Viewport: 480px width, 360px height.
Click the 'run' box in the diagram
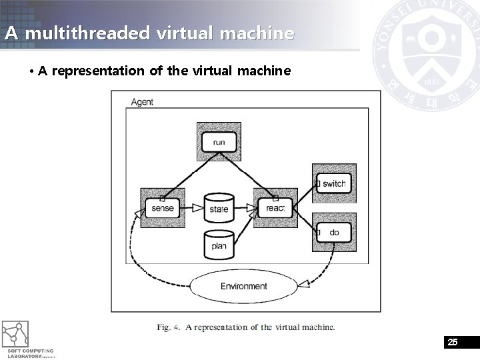pyautogui.click(x=219, y=142)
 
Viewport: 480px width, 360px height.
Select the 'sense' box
pyautogui.click(x=162, y=208)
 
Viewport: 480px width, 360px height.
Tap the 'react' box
pyautogui.click(x=275, y=208)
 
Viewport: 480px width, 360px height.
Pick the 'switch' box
pyautogui.click(x=334, y=183)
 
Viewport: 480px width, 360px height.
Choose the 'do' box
pyautogui.click(x=334, y=233)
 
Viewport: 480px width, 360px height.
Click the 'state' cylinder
pyautogui.click(x=219, y=208)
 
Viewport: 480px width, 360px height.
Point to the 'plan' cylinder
pyautogui.click(x=219, y=245)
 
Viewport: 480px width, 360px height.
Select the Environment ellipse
pyautogui.click(x=244, y=286)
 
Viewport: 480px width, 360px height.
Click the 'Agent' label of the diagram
pyautogui.click(x=142, y=102)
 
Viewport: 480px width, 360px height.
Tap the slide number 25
pyautogui.click(x=453, y=342)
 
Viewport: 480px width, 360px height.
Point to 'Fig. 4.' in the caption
pyautogui.click(x=169, y=327)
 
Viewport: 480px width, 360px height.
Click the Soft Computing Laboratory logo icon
pyautogui.click(x=15, y=333)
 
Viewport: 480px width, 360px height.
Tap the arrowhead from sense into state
pyautogui.click(x=198, y=208)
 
